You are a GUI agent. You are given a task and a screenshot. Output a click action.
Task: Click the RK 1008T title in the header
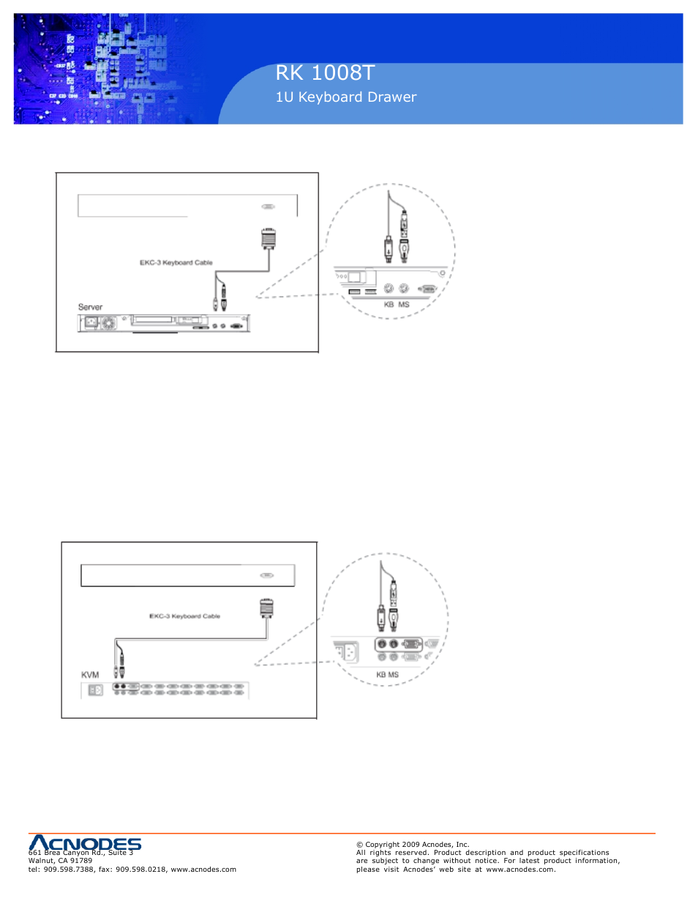coord(325,73)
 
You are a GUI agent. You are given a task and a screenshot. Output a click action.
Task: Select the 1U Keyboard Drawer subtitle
coord(345,97)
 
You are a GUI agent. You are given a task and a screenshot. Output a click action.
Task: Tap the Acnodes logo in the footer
coord(85,844)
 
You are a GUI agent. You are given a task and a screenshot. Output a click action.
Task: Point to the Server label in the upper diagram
coord(90,307)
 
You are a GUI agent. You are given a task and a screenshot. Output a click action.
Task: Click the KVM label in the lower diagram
coord(90,675)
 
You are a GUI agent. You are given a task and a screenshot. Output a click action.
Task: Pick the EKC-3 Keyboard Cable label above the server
coord(176,263)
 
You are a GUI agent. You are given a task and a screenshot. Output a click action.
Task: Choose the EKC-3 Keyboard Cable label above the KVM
coord(184,616)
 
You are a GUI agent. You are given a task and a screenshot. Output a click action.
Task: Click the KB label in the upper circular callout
coord(389,305)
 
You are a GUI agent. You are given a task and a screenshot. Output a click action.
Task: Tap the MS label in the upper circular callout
coord(404,305)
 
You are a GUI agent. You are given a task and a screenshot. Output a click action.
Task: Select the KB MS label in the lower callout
coord(388,675)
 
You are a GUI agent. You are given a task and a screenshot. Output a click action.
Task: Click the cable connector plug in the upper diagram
coord(269,239)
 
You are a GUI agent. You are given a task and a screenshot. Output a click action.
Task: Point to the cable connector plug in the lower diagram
coord(266,608)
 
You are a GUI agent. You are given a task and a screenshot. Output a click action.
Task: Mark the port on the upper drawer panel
coord(269,207)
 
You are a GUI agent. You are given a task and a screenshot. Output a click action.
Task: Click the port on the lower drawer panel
coord(267,575)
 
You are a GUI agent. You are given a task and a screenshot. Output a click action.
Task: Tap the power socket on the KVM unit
coord(95,690)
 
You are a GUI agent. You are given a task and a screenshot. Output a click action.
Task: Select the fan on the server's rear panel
coord(108,323)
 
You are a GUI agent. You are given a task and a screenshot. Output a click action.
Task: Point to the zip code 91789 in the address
coord(81,861)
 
